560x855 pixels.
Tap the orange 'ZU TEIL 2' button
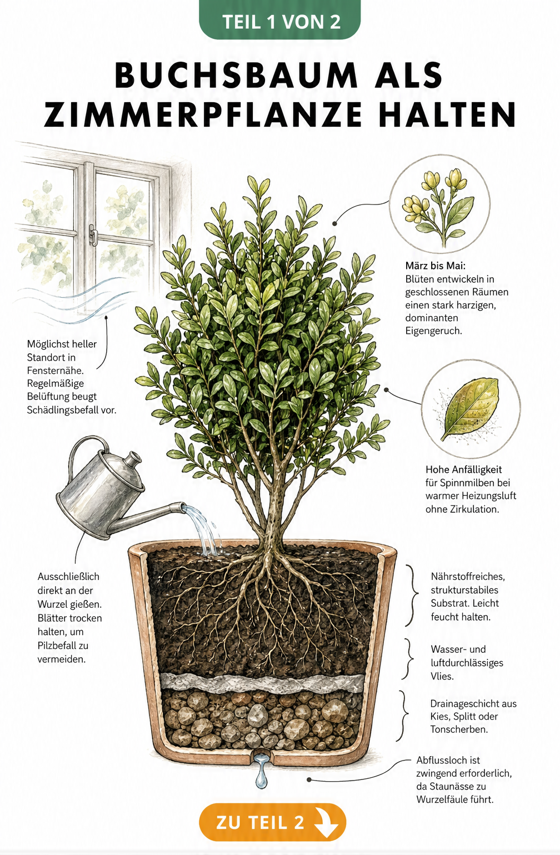click(x=272, y=822)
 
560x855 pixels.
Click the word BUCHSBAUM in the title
click(x=236, y=75)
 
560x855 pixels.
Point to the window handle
click(x=93, y=234)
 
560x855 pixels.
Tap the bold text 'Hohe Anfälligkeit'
click(x=463, y=469)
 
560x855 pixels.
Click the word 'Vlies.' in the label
click(x=442, y=676)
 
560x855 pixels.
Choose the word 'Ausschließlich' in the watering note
click(x=68, y=576)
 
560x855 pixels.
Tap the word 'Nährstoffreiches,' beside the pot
click(x=468, y=576)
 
